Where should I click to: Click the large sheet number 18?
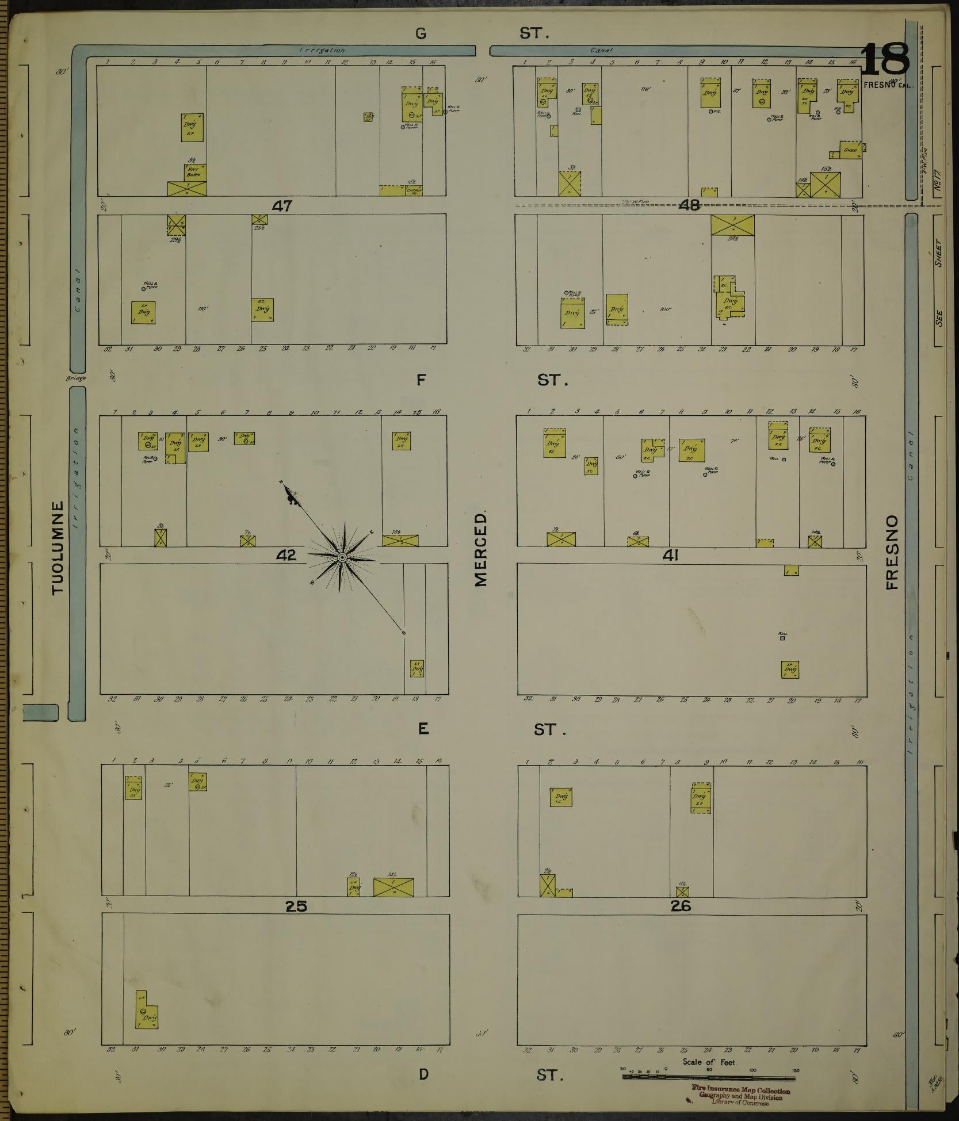pyautogui.click(x=885, y=60)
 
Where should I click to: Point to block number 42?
pyautogui.click(x=285, y=555)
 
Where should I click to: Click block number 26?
pyautogui.click(x=680, y=906)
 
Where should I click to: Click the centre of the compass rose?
pyautogui.click(x=342, y=557)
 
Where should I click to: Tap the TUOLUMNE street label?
pyautogui.click(x=58, y=548)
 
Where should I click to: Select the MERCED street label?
pyautogui.click(x=481, y=549)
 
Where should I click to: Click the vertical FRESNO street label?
pyautogui.click(x=892, y=552)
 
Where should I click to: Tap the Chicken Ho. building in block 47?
pyautogui.click(x=414, y=190)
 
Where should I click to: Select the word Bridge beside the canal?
pyautogui.click(x=75, y=378)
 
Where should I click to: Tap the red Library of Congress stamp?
pyautogui.click(x=740, y=1096)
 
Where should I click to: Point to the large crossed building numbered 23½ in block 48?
pyautogui.click(x=732, y=225)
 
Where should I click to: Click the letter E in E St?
pyautogui.click(x=423, y=729)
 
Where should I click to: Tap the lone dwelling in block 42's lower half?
pyautogui.click(x=417, y=668)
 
